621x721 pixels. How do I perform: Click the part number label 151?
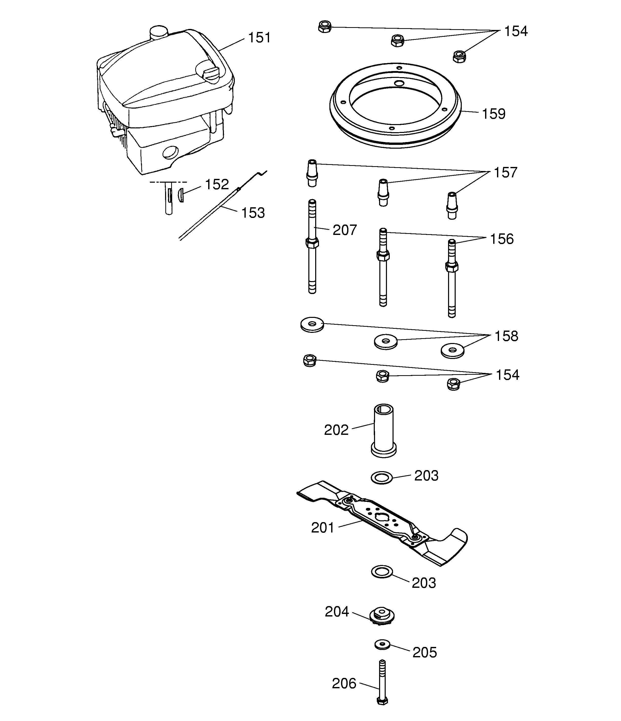259,38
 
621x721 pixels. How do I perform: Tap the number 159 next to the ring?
493,114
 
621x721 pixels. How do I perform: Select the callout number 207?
344,230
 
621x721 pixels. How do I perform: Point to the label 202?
336,430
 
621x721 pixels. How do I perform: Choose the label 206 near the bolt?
344,683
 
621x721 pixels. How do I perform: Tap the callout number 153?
253,213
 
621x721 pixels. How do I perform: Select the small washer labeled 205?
383,644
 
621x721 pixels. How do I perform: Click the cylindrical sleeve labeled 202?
383,430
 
